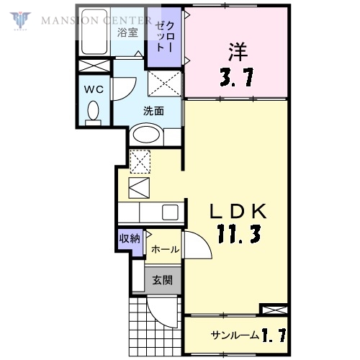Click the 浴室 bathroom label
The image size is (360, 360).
[x=128, y=32]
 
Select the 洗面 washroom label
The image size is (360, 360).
[x=153, y=111]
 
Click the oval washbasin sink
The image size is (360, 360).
[x=147, y=135]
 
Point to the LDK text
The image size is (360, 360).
[x=240, y=211]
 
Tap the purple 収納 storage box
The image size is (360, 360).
[x=130, y=239]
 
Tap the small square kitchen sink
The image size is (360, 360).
[x=171, y=212]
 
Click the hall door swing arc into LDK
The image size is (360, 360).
[x=198, y=245]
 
